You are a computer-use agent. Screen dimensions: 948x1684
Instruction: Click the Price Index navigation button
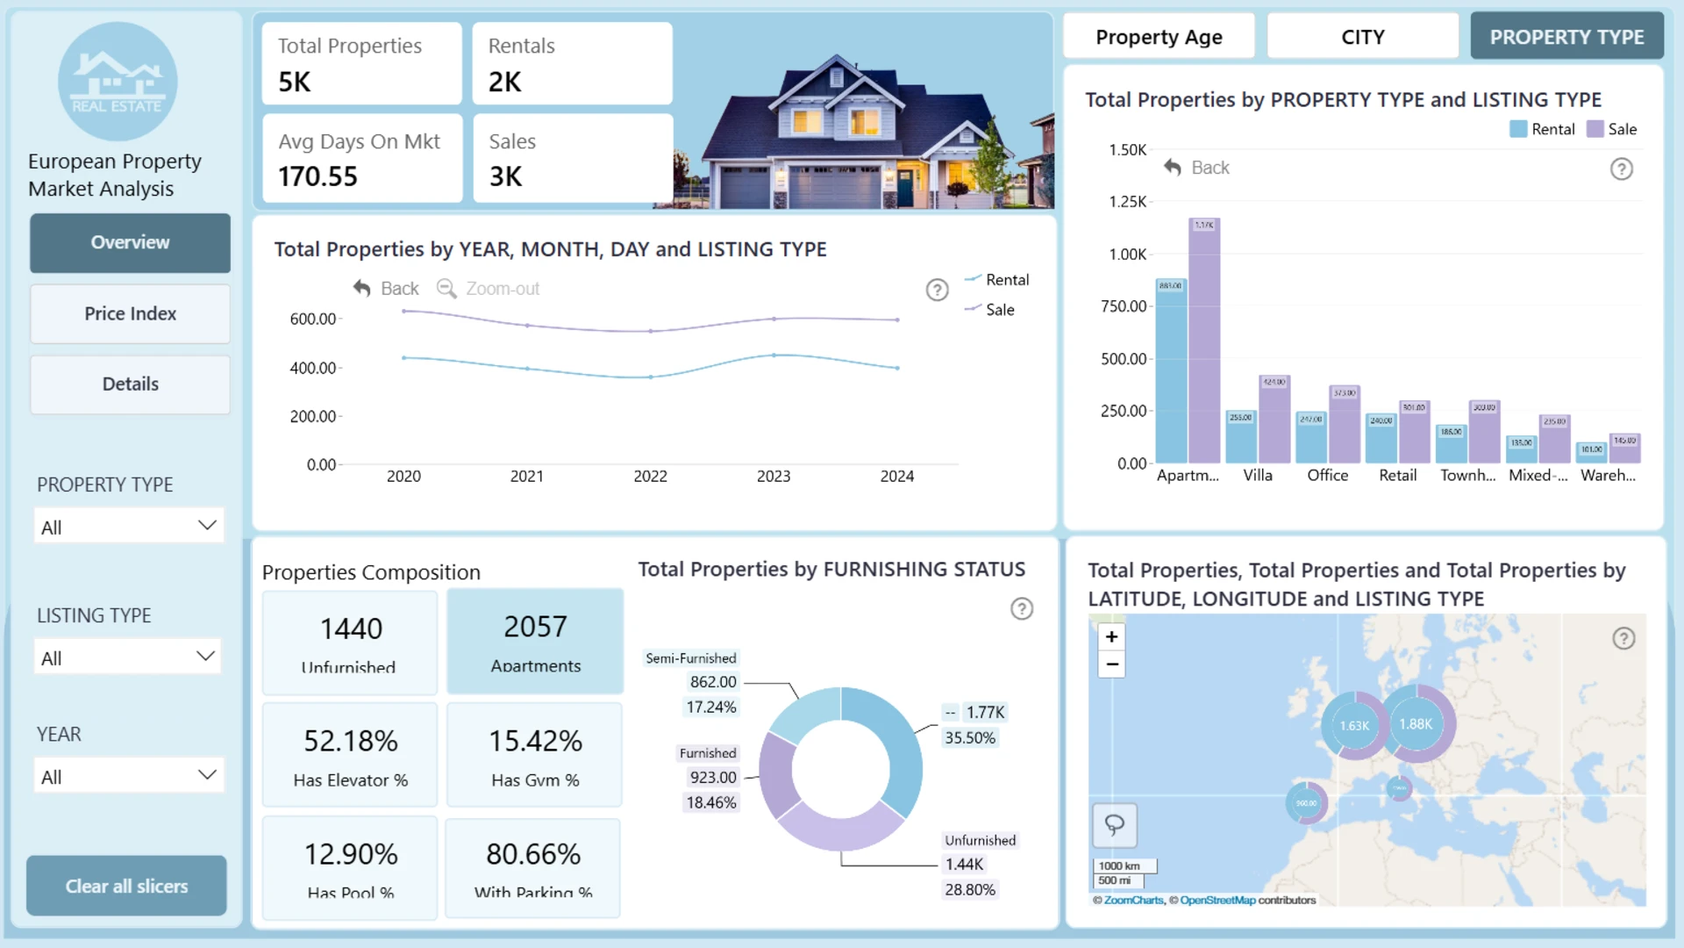[x=130, y=313]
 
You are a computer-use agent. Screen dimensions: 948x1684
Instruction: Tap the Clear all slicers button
[x=126, y=886]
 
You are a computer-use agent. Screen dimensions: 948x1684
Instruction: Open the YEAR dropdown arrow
[x=207, y=774]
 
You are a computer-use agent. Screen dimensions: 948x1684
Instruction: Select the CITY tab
[x=1362, y=37]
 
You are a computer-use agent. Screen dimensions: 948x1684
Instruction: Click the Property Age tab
[x=1159, y=37]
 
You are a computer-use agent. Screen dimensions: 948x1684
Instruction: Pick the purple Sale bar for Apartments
[x=1204, y=342]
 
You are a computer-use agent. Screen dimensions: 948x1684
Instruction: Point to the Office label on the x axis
[x=1327, y=475]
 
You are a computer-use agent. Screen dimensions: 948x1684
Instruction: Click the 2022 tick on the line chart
[x=650, y=476]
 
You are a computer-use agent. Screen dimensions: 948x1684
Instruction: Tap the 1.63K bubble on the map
[x=1354, y=726]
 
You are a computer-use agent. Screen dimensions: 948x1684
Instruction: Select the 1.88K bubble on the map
[x=1416, y=724]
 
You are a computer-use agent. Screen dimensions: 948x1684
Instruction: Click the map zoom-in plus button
[x=1111, y=636]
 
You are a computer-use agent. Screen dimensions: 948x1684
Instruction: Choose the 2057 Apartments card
[x=535, y=642]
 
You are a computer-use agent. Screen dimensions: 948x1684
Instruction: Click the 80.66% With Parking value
[x=533, y=854]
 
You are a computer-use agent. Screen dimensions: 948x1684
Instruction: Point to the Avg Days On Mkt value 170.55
[x=318, y=176]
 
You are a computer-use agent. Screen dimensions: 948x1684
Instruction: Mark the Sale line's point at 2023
[x=774, y=319]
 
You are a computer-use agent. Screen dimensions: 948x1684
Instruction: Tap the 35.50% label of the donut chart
[x=969, y=738]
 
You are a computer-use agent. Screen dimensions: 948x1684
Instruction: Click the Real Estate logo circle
[x=118, y=82]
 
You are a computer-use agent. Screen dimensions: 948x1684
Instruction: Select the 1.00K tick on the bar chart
[x=1127, y=255]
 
